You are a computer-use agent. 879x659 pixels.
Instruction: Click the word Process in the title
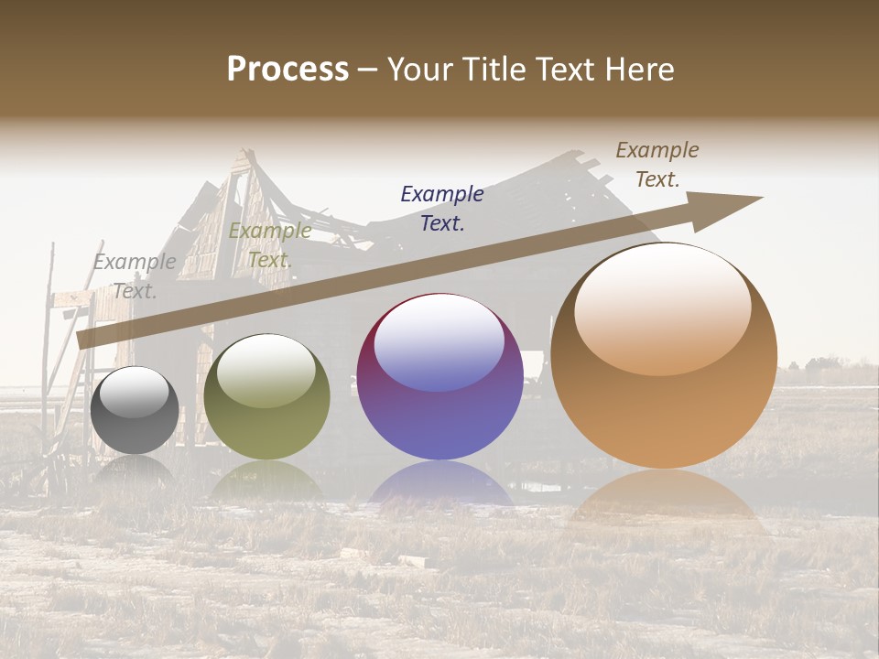point(288,70)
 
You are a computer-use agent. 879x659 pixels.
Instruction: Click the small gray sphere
point(135,411)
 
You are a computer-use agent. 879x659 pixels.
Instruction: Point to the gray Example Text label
point(135,275)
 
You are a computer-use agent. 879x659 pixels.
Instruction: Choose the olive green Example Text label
point(269,245)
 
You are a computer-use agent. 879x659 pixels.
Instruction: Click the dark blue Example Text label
point(442,208)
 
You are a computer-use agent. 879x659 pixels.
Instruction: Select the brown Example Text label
point(657,164)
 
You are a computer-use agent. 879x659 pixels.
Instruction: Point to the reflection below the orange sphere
point(664,499)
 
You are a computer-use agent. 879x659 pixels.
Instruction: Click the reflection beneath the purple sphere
point(439,485)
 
